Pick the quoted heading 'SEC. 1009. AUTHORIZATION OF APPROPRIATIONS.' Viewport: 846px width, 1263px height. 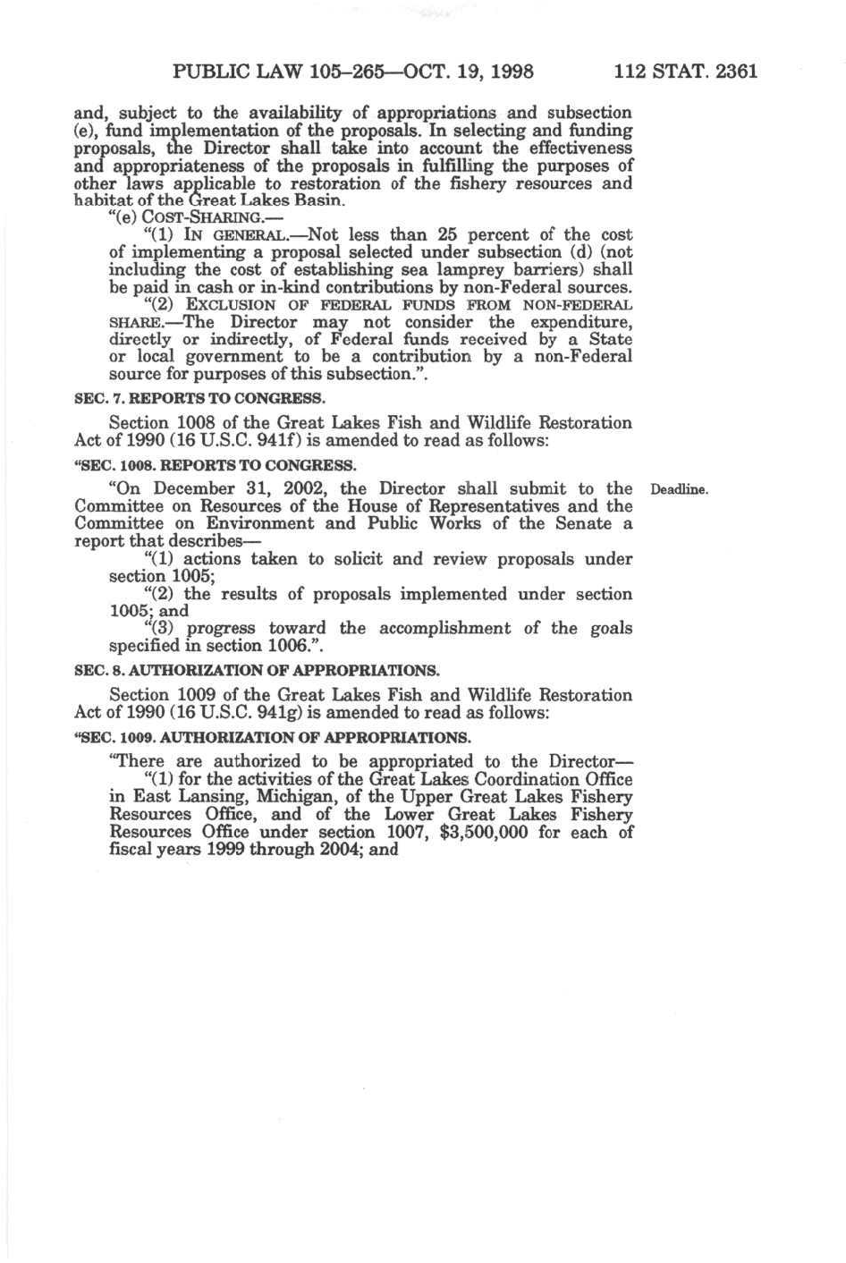(272, 738)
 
